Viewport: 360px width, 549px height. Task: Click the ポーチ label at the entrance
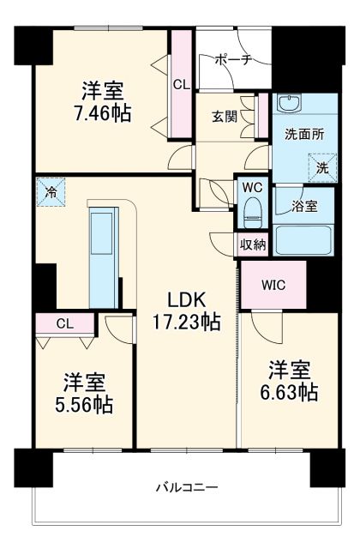click(x=232, y=59)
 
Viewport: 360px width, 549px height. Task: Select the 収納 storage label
click(x=252, y=244)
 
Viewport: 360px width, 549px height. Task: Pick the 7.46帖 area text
click(x=102, y=112)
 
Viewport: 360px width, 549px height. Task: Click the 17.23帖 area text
click(x=187, y=322)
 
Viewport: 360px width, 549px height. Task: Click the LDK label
click(x=186, y=301)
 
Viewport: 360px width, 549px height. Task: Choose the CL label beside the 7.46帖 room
click(x=181, y=84)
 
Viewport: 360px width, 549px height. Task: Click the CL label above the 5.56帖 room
click(x=65, y=323)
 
